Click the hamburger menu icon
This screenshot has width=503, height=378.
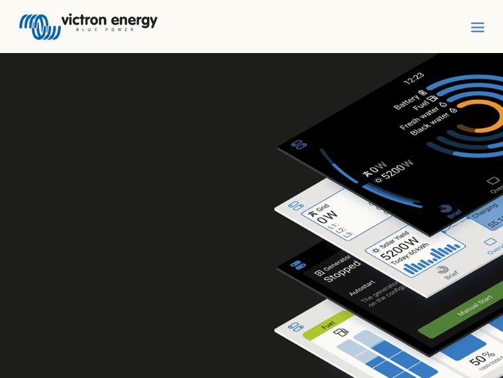point(477,28)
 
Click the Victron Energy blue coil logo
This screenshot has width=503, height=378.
point(40,27)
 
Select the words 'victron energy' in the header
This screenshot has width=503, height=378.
point(109,20)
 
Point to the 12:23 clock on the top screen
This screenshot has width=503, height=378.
point(413,78)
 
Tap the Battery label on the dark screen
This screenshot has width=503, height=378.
point(406,101)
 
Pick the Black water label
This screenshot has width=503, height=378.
point(430,124)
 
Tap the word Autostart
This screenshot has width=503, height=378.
point(361,287)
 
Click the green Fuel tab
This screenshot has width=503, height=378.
point(328,324)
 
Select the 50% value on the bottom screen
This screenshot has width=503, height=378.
point(482,355)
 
